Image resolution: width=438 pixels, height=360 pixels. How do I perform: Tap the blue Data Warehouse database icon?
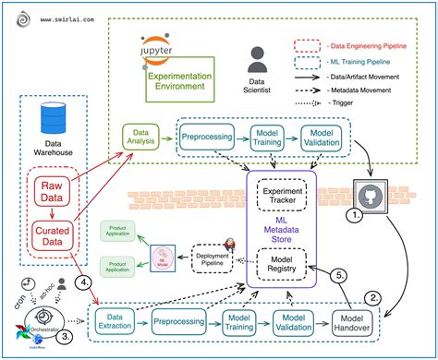[49, 121]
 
